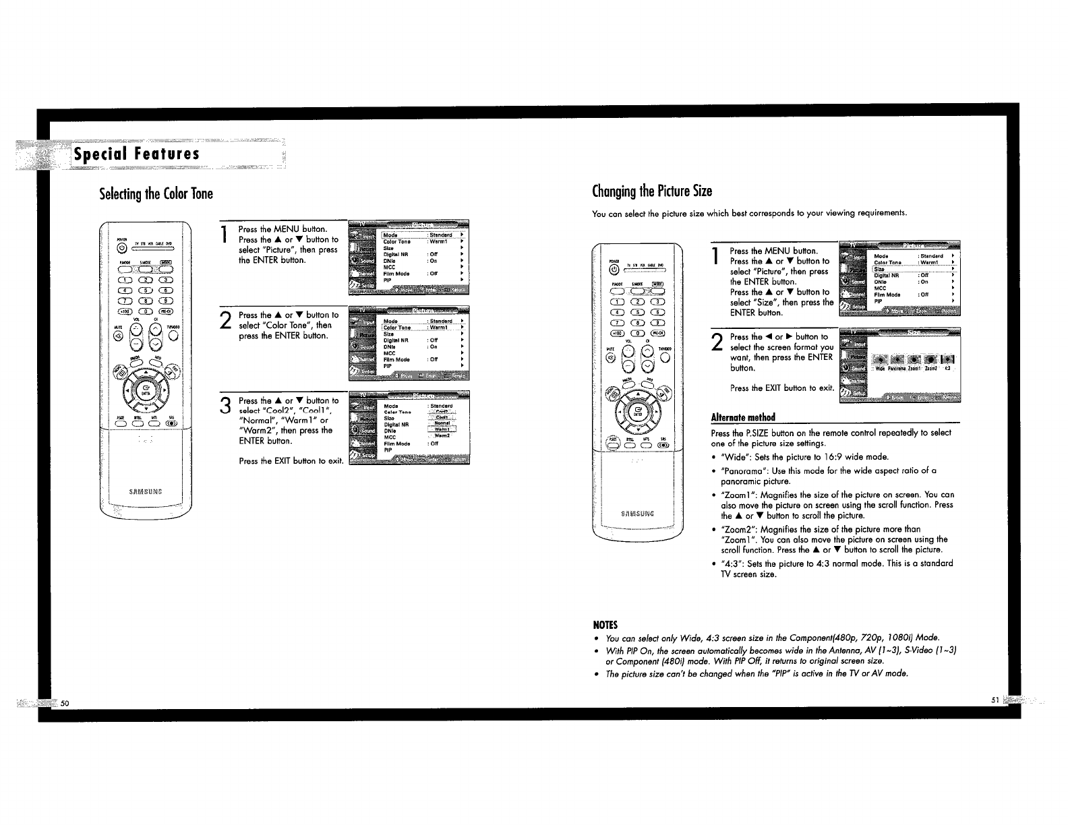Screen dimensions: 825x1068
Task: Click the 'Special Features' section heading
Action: point(137,154)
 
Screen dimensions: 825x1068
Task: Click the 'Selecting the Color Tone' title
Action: point(156,194)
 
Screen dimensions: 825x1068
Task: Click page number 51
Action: point(994,700)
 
